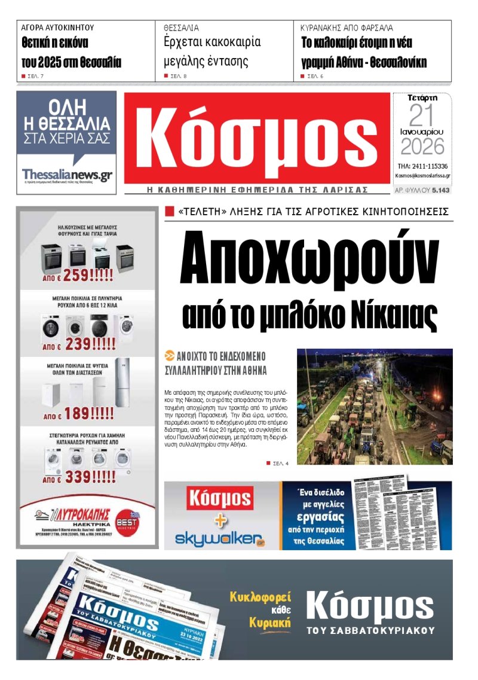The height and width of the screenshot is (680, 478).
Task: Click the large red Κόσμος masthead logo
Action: [257, 139]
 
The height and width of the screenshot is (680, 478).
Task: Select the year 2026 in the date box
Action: [422, 146]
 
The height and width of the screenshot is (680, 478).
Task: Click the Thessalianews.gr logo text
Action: [67, 175]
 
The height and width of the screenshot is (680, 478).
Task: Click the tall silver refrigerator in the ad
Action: [121, 383]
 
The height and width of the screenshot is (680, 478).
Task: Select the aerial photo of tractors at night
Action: [375, 407]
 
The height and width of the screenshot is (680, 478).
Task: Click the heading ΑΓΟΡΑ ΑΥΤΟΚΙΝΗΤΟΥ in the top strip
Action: [57, 28]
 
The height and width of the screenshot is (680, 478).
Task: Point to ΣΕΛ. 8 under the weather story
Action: [179, 77]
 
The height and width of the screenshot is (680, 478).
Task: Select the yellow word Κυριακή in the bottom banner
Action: [270, 623]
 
